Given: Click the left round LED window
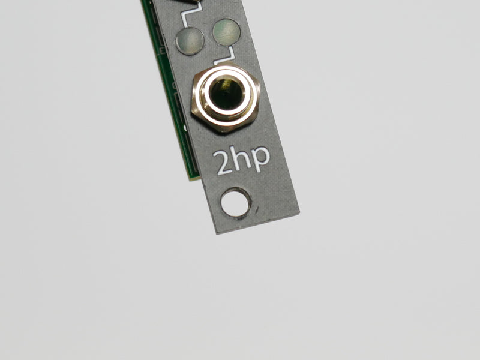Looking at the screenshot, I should pos(190,40).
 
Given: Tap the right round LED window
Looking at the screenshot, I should pos(226,31).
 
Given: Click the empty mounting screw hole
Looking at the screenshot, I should pos(235,202).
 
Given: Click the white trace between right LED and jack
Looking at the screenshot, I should pos(227,57).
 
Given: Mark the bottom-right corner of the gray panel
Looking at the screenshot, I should pos(299,210).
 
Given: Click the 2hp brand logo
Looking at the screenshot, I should pos(241,160).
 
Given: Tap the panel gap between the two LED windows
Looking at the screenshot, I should pos(209,35).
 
